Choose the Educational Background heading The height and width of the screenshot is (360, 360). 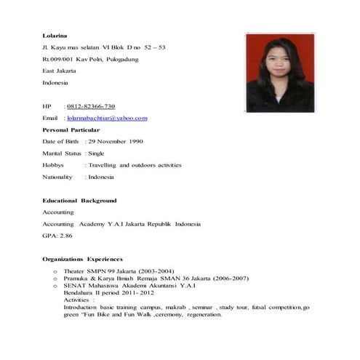(x=79, y=200)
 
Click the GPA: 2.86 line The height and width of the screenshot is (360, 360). (x=57, y=236)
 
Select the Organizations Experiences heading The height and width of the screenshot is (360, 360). (x=82, y=259)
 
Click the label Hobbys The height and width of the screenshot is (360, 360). (x=54, y=165)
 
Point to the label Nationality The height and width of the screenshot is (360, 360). (x=57, y=177)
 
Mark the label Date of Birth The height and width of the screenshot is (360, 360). (x=62, y=141)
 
